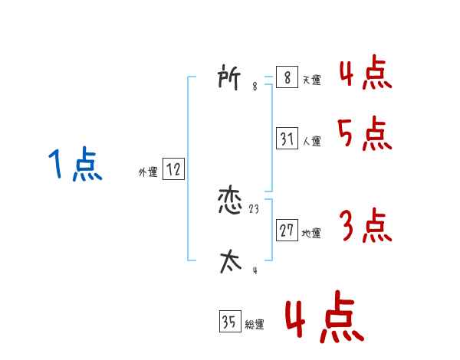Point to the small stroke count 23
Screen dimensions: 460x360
coord(255,209)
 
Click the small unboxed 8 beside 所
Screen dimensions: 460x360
coord(255,87)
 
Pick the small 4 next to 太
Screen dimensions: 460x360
coord(255,270)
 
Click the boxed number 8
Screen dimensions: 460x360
coord(287,78)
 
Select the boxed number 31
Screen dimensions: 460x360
coord(287,139)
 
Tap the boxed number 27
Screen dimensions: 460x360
coord(287,231)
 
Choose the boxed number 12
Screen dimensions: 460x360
coord(173,170)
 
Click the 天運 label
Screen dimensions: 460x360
coord(311,80)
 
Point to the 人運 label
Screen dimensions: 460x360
coord(311,141)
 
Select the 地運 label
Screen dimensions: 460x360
coord(311,233)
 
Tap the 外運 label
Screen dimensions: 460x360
coord(147,172)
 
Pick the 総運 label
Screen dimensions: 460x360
coord(255,324)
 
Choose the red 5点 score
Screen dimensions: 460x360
coord(365,136)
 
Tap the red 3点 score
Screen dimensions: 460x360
coord(365,226)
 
